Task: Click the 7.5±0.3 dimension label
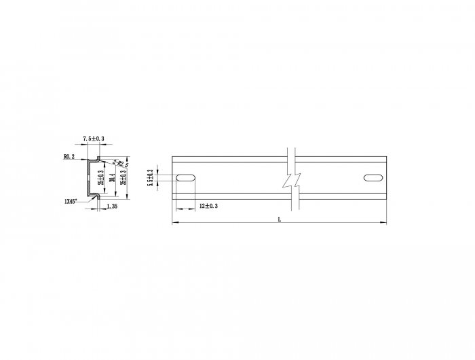coord(94,139)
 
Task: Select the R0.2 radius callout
coord(69,156)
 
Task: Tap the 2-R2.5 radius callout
coord(121,164)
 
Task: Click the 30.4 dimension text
coord(111,179)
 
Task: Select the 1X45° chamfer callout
coord(71,201)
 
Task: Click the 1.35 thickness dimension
coord(113,205)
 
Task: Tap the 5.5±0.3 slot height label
coord(150,178)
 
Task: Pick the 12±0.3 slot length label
coord(208,205)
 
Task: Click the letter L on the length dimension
coord(279,219)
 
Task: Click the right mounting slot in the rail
coord(373,178)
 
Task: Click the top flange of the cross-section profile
coord(95,160)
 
